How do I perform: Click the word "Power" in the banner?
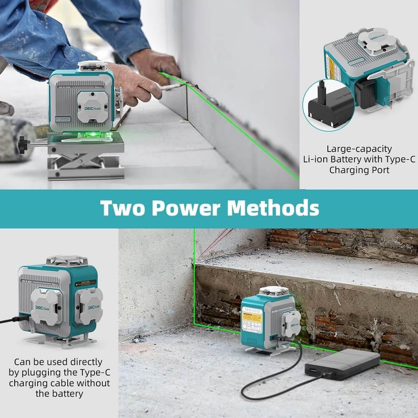click(187, 208)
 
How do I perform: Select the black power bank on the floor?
click(343, 364)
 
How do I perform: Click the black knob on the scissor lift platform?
click(23, 144)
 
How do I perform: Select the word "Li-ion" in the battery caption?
click(316, 159)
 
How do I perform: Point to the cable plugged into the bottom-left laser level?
click(13, 320)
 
